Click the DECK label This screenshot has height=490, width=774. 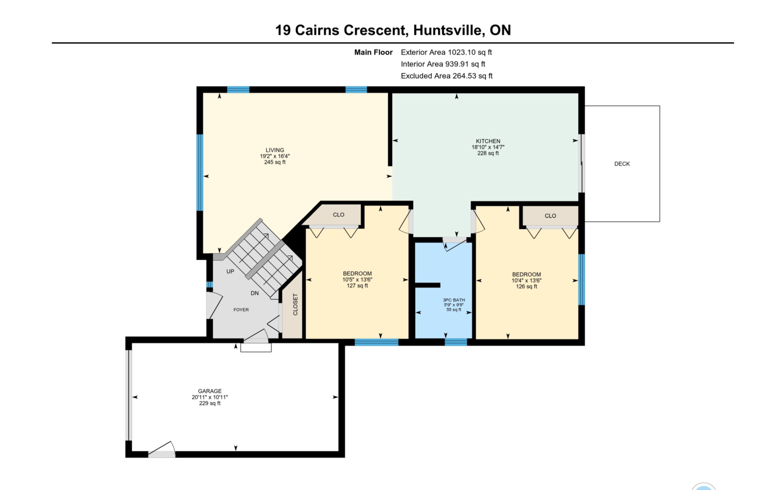click(x=622, y=164)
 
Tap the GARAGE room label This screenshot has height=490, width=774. click(x=210, y=391)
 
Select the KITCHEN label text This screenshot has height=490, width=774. click(x=488, y=141)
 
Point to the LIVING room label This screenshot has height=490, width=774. click(x=274, y=150)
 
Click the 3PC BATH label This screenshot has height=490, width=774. click(x=454, y=300)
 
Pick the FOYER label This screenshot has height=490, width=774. click(x=241, y=310)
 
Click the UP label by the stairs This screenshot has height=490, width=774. click(x=230, y=271)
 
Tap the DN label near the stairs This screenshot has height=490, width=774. click(x=255, y=293)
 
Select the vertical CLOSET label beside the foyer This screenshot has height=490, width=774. click(x=295, y=305)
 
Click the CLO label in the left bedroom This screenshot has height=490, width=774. click(x=338, y=215)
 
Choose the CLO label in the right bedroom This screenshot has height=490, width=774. click(x=550, y=216)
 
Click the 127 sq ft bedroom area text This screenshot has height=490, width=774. click(x=357, y=286)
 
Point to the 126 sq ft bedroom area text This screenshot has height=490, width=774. click(x=526, y=287)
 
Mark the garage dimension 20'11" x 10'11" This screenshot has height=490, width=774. click(x=210, y=397)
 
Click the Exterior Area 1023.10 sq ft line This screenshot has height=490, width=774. click(x=446, y=52)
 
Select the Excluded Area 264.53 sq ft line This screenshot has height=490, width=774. click(x=447, y=76)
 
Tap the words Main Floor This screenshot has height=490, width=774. click(x=373, y=52)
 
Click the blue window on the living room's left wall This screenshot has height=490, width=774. click(x=200, y=173)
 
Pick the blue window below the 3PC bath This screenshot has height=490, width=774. click(x=456, y=342)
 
